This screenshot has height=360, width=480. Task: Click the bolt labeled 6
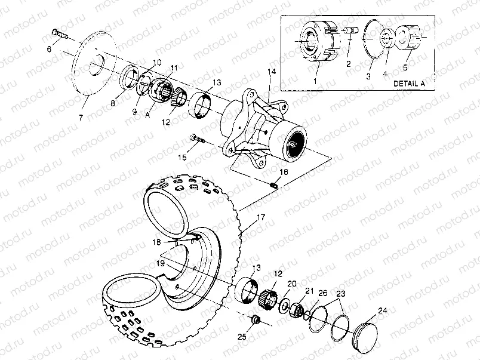[58, 33]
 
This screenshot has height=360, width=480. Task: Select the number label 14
[272, 72]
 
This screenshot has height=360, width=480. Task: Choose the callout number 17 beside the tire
[261, 219]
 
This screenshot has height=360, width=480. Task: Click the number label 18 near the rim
[156, 242]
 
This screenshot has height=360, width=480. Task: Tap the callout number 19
[160, 262]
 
